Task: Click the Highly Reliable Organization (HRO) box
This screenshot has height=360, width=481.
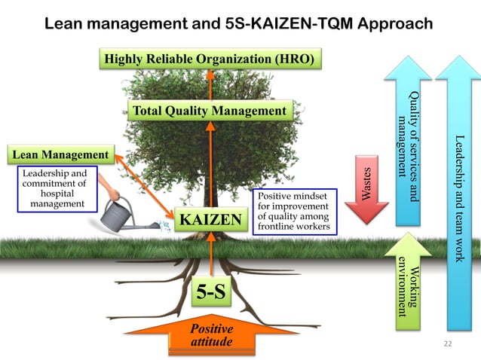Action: click(210, 59)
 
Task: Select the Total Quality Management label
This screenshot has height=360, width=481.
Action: click(210, 111)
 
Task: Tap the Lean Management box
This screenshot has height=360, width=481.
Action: click(61, 156)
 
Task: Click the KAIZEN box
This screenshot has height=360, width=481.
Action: click(211, 221)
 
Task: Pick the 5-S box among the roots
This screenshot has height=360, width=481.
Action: click(211, 293)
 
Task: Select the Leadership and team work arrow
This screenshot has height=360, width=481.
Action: click(458, 196)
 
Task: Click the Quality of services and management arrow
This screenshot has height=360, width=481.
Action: click(408, 143)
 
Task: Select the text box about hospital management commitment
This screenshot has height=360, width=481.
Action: click(54, 189)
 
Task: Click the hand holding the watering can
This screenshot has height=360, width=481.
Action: click(112, 194)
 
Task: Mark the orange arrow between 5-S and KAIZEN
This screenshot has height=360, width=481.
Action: click(211, 252)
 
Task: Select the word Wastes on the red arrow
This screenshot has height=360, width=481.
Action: click(367, 184)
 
